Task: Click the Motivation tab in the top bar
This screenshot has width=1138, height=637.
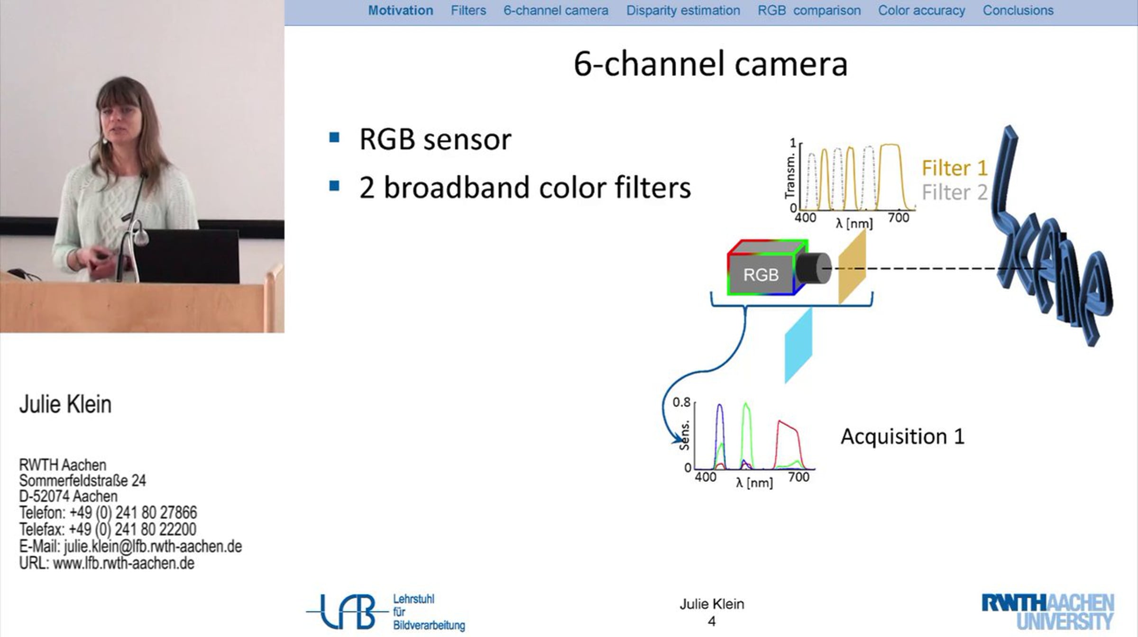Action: [401, 10]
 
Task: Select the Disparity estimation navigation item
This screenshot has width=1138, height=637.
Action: [683, 10]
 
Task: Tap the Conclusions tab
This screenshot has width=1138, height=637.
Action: [1018, 10]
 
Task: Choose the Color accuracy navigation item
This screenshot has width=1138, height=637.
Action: [921, 10]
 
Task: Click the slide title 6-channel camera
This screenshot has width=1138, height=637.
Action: [710, 64]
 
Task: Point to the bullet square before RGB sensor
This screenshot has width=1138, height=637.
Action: [334, 137]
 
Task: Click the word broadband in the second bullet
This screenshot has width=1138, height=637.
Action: [457, 187]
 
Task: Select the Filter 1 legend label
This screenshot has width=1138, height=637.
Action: [954, 168]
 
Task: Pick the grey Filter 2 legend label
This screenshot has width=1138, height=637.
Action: [954, 192]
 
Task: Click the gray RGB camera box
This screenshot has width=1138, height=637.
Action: [761, 274]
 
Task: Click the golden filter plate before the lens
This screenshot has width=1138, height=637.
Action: [852, 267]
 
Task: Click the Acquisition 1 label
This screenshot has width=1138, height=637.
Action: [903, 436]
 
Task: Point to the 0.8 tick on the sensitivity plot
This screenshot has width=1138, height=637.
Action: [681, 402]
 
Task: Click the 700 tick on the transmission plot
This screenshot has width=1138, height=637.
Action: [899, 218]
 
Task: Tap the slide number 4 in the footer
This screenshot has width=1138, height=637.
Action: [712, 621]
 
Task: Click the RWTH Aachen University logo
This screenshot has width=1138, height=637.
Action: [1048, 612]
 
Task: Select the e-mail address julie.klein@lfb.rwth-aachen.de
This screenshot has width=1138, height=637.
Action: [153, 546]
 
